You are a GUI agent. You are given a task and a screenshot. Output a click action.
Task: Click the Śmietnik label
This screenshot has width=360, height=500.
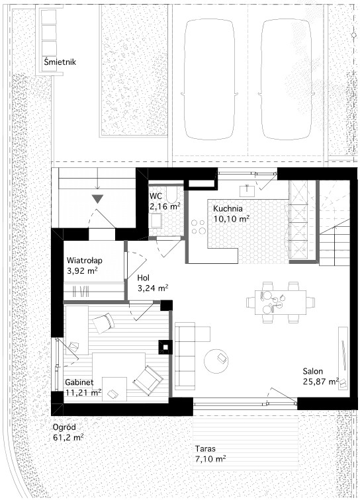coord(60,62)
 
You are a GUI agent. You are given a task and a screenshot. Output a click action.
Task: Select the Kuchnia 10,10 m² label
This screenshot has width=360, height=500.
coord(231,214)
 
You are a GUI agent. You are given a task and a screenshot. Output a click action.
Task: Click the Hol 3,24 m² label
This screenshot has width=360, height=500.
coord(153,283)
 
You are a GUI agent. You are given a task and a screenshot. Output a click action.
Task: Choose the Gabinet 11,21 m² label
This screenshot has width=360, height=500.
coord(83,387)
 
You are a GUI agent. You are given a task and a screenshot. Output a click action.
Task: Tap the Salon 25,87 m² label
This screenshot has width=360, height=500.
coord(321,376)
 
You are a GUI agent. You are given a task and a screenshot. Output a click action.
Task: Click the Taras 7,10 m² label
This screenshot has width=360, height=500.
coord(210,454)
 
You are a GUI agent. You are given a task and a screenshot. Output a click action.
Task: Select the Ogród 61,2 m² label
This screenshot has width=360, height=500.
coord(68,433)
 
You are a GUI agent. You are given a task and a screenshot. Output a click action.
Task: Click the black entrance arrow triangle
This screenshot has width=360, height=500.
coord(97,199)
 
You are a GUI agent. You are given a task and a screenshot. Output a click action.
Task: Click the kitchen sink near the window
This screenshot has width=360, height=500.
coord(247,190)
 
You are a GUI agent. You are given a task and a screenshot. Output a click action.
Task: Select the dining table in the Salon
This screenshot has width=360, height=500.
coord(281,302)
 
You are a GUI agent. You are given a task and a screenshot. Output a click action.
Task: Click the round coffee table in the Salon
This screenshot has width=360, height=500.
coord(216,360)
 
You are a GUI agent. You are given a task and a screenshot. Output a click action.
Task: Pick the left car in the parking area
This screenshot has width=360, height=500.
coord(210,79)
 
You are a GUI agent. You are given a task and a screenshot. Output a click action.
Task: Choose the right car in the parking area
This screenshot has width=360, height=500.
coord(285,79)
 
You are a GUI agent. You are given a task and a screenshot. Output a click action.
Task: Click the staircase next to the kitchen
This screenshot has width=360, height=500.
coord(334,224)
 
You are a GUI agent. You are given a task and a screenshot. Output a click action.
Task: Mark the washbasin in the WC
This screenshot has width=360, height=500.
coord(156,220)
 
